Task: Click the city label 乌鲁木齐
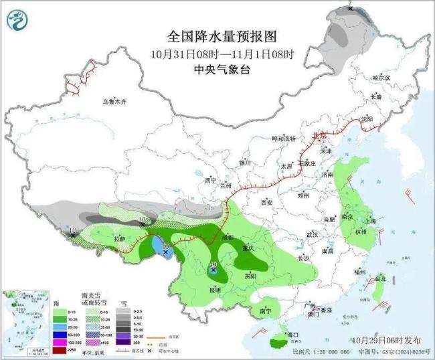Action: pyautogui.click(x=114, y=102)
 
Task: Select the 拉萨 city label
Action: pyautogui.click(x=118, y=238)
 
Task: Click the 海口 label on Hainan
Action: pyautogui.click(x=292, y=333)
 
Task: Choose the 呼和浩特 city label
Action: pyautogui.click(x=282, y=139)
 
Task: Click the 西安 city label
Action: pyautogui.click(x=267, y=201)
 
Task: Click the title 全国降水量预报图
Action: pyautogui.click(x=221, y=37)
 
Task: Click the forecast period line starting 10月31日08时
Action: pyautogui.click(x=221, y=54)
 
